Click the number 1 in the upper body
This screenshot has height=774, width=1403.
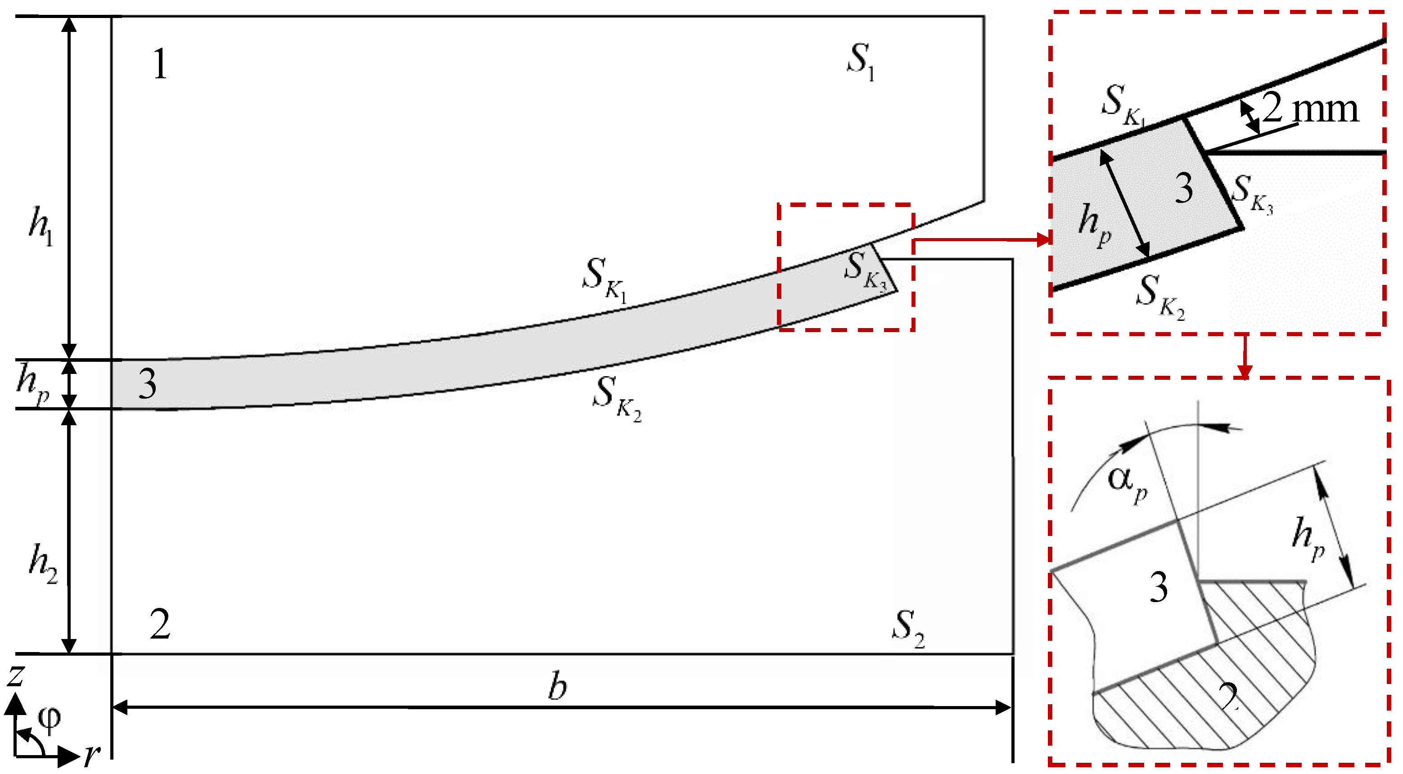[x=160, y=64]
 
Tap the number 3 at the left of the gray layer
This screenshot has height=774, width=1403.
[x=147, y=384]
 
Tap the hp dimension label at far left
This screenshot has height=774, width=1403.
[x=33, y=384]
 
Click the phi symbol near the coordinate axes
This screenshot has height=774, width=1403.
[x=49, y=719]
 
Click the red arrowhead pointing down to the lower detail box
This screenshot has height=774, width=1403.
[x=1244, y=370]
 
